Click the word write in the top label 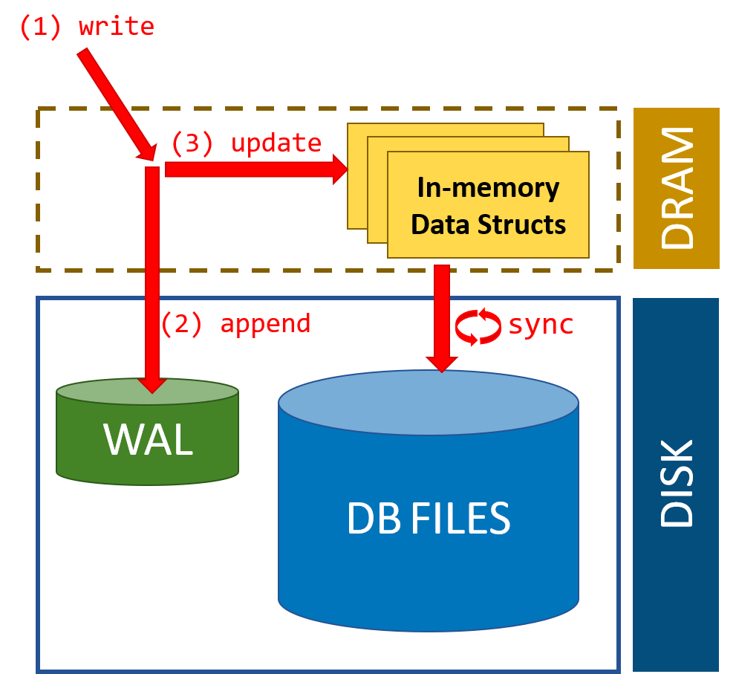tap(117, 26)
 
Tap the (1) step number tap(40, 27)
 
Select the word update tap(276, 143)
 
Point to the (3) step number tap(192, 143)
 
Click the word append tap(265, 324)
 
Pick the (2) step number tap(182, 323)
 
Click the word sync tap(541, 325)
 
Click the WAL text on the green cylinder tap(149, 439)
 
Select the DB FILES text tap(429, 518)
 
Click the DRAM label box tap(677, 188)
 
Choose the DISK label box tap(676, 485)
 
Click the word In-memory tap(488, 188)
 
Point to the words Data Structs tap(488, 224)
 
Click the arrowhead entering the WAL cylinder tap(152, 386)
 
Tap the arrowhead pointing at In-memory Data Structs tap(340, 169)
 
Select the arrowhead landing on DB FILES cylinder tap(442, 364)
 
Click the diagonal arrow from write tap(117, 104)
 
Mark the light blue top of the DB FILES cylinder tap(428, 403)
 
